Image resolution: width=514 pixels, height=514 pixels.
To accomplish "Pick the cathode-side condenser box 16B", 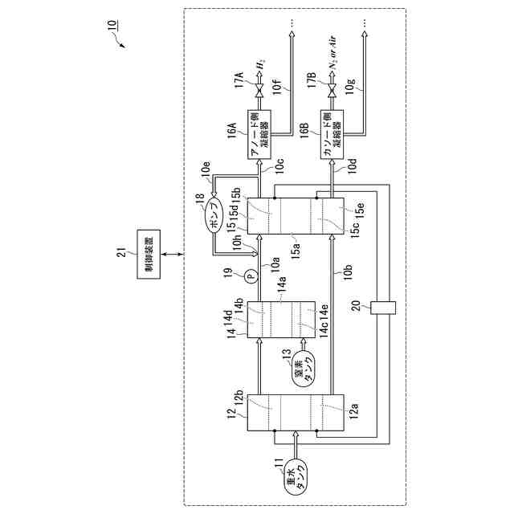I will (x=331, y=137).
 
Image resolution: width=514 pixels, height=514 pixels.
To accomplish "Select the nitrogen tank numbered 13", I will (x=304, y=368).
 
